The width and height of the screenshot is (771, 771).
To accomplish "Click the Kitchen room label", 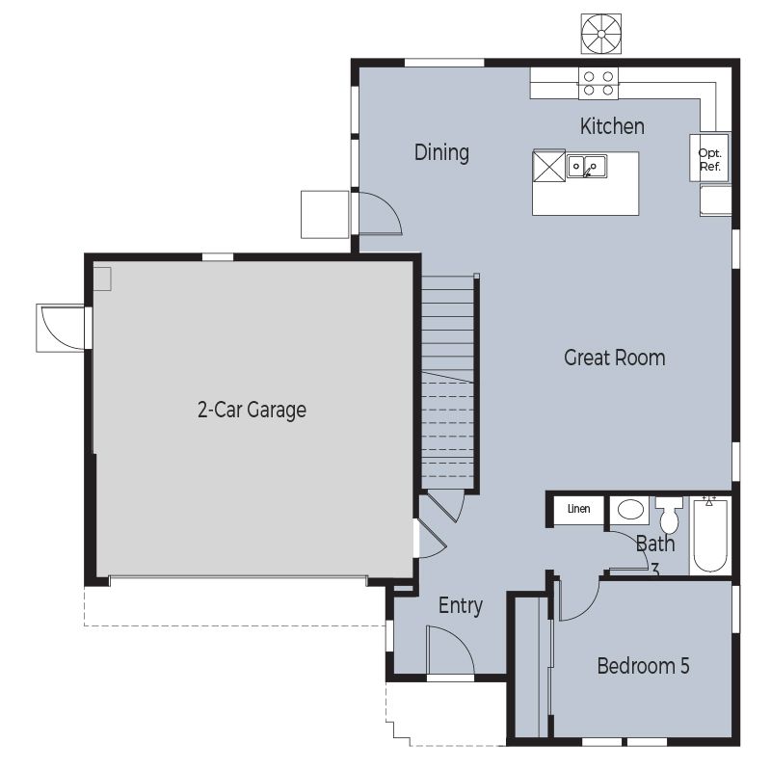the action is coord(612,126).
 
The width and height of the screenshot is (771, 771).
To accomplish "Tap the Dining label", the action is coord(441,152).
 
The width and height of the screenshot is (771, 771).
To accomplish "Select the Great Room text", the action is coord(614,358).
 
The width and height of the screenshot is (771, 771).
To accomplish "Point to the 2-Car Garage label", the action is coord(252,410).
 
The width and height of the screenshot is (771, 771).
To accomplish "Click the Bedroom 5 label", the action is coord(643,666).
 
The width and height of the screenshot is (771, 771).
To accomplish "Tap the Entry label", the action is coord(461,606).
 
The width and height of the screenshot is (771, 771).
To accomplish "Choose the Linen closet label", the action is coord(579,509).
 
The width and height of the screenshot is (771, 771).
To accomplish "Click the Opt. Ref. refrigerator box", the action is coord(709,157).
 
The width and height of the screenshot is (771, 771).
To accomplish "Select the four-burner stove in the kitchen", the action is coord(598,83).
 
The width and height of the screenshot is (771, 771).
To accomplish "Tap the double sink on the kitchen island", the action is coord(587,166).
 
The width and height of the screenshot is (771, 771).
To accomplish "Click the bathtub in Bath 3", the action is coord(710,535).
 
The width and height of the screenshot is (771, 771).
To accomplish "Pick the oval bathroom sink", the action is coord(630,510).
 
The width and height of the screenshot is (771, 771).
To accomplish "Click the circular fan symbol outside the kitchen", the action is coord(600,34).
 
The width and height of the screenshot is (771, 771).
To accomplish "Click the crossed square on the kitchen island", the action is coord(548,166).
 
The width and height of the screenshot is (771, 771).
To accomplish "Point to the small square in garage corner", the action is coord(102,279).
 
